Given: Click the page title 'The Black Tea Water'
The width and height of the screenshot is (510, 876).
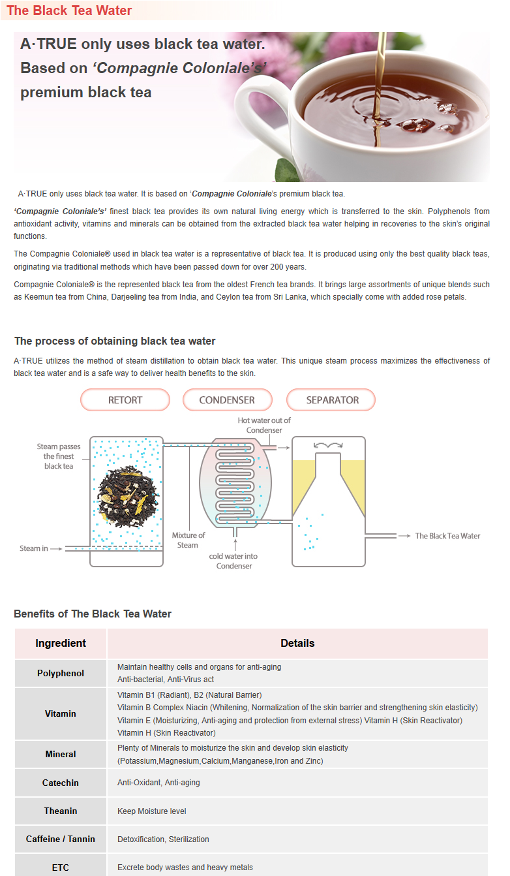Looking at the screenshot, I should pos(69,10).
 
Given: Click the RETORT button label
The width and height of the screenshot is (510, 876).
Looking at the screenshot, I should pos(125,399).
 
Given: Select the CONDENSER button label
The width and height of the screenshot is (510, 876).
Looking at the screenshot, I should pos(227,399).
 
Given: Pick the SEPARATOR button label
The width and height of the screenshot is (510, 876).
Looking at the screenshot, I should pos(332,399).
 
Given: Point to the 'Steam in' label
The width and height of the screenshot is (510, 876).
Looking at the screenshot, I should pos(34,548).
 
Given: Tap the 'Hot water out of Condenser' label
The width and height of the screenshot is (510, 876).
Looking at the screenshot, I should pos(264,425).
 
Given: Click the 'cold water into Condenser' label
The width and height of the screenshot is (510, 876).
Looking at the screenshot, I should pos(233,561).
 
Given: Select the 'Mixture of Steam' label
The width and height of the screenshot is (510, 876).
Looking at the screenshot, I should pos(188,540).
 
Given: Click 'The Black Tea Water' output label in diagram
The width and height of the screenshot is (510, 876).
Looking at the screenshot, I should pos(447,536).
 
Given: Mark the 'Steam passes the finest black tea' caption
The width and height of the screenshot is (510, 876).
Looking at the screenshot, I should pos(59,456).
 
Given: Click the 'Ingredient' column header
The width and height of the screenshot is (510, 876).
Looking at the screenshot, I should pos(61,643).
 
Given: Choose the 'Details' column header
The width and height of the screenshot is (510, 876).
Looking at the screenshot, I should pos(297,643).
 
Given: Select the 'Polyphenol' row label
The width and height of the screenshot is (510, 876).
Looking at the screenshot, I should pos(61,673).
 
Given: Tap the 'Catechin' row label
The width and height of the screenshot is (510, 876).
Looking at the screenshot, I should pos(61,782).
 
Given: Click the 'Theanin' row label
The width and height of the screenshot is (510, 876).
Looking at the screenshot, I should pos(61,811).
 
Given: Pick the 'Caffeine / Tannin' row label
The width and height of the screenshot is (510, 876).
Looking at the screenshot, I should pos(61,839).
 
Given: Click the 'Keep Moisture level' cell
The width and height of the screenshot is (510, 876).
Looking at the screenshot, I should pos(152,811).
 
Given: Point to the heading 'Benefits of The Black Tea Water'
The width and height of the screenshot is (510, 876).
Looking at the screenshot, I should pos(93,614).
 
